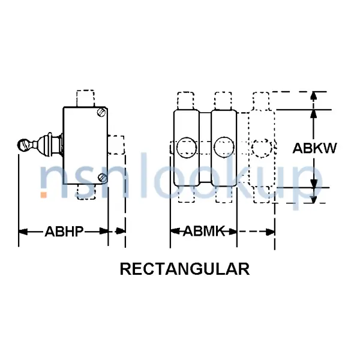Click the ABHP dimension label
[x=64, y=232]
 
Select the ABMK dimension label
[x=204, y=231]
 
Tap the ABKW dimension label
[x=314, y=148]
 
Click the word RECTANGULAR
[x=185, y=269]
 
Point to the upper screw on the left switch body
[x=101, y=112]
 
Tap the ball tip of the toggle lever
[x=23, y=145]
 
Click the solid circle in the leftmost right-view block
[x=187, y=148]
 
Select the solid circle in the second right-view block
[x=224, y=148]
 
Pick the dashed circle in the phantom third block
[x=262, y=148]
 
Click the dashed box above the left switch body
[x=85, y=99]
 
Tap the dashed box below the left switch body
[x=86, y=192]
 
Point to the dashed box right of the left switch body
[x=116, y=145]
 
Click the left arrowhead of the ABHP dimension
[x=23, y=232]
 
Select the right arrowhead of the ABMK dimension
[x=233, y=232]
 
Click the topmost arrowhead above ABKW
[x=314, y=95]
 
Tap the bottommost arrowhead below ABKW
[x=314, y=200]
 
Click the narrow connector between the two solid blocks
[x=205, y=148]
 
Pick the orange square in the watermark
[x=44, y=195]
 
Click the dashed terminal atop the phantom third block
[x=261, y=101]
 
